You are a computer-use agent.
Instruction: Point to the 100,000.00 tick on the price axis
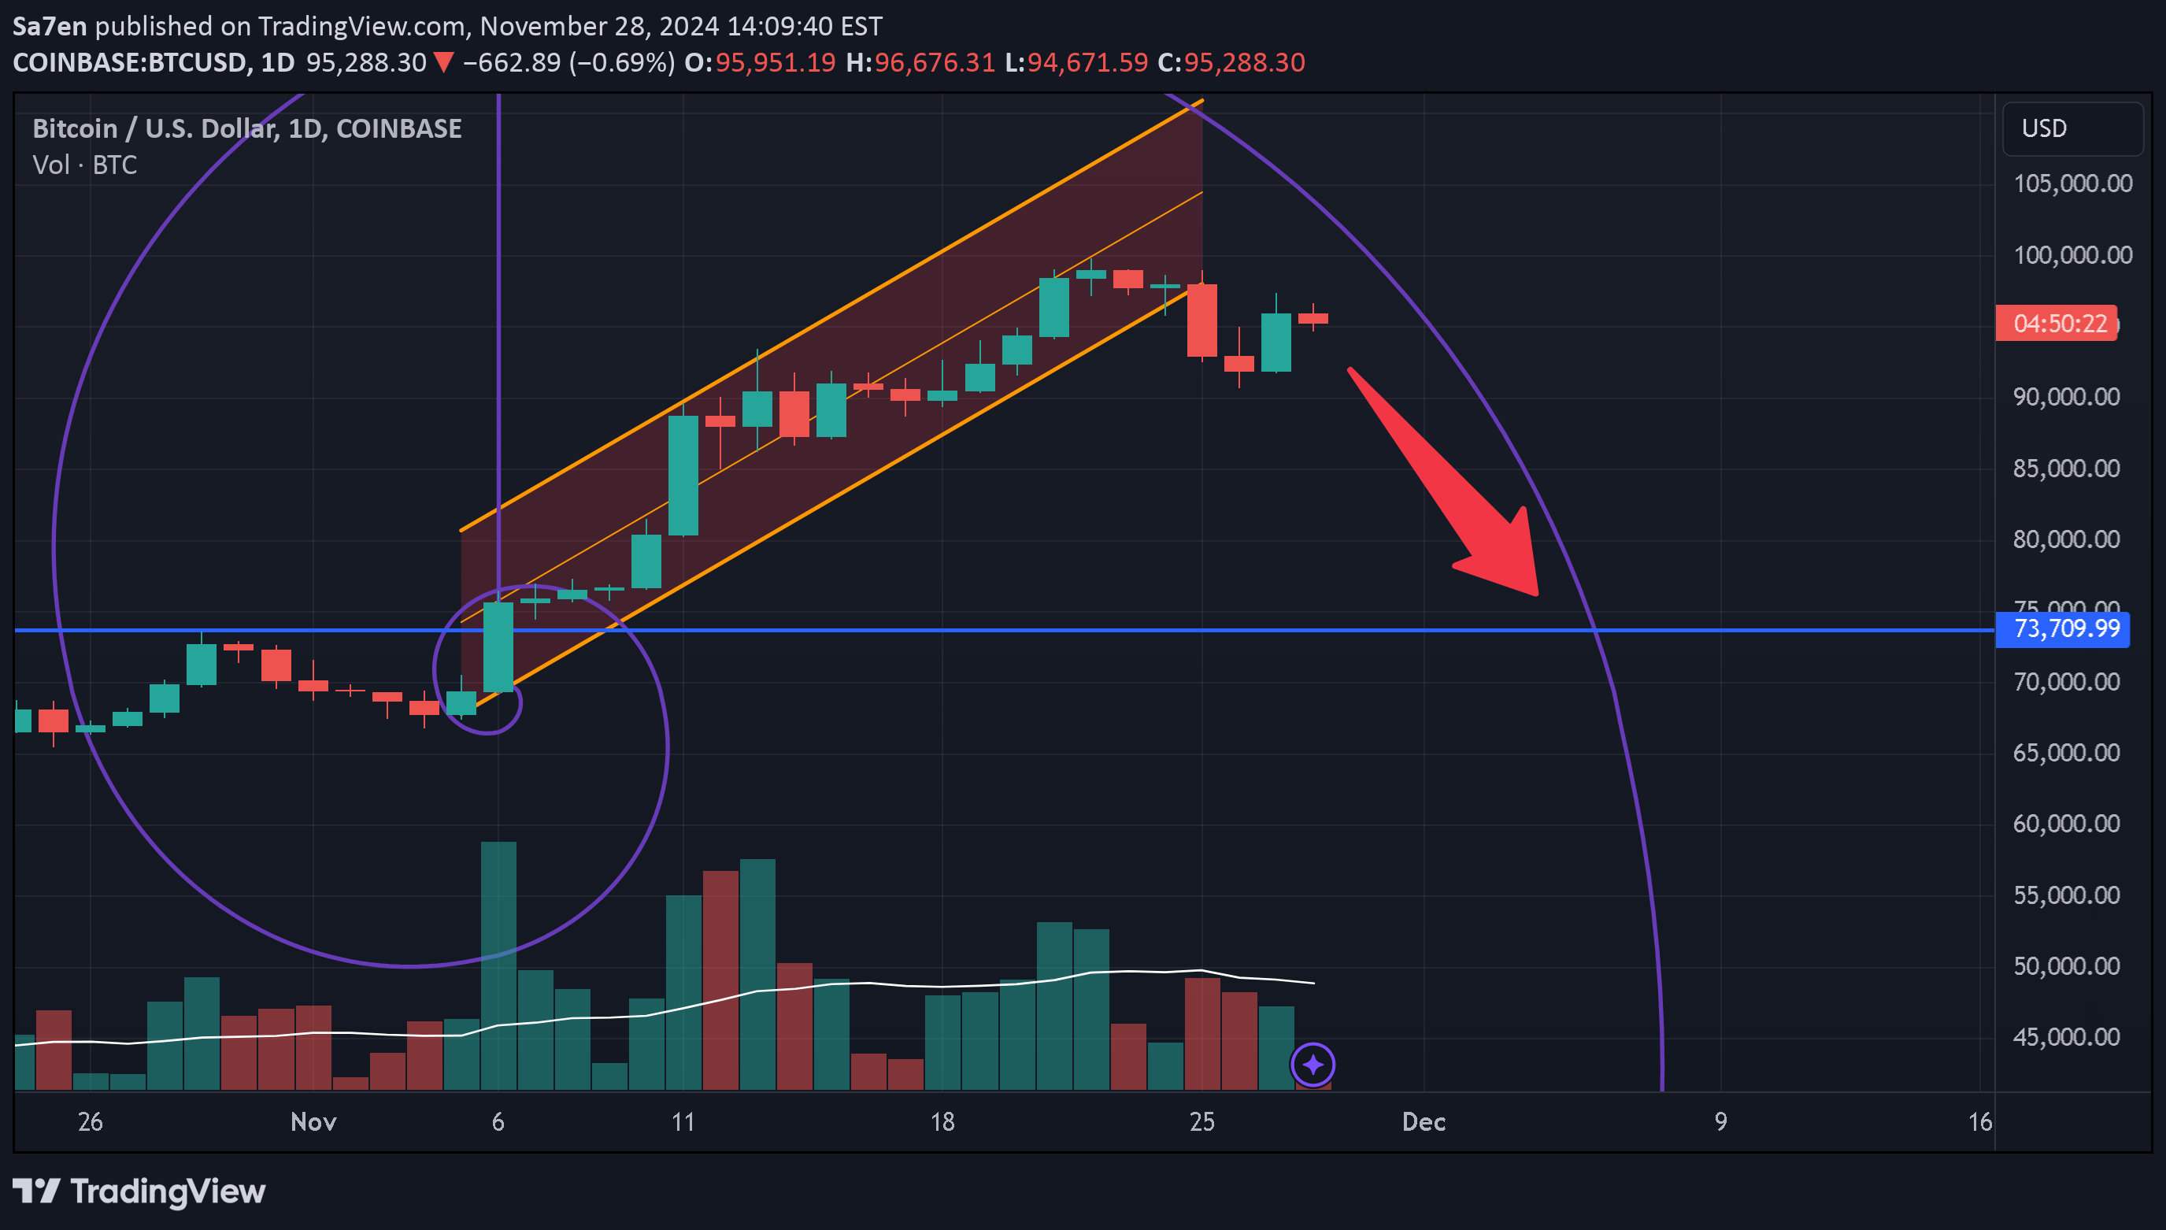tap(2072, 255)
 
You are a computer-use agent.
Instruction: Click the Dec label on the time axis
tap(1424, 1122)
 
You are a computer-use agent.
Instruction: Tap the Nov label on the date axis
tap(313, 1122)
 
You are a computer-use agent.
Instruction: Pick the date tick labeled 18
tap(942, 1122)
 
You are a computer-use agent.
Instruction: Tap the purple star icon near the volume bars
tap(1313, 1065)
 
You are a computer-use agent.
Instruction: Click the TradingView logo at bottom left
tap(139, 1191)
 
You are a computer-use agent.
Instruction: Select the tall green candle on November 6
tap(498, 646)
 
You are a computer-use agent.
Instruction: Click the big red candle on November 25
tap(1201, 320)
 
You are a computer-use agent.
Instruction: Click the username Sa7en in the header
tap(50, 26)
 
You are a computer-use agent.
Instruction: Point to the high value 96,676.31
tap(934, 62)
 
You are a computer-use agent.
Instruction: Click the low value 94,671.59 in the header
tap(1087, 62)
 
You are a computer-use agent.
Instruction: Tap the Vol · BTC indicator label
tap(84, 165)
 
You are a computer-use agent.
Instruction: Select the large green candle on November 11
tap(683, 476)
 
